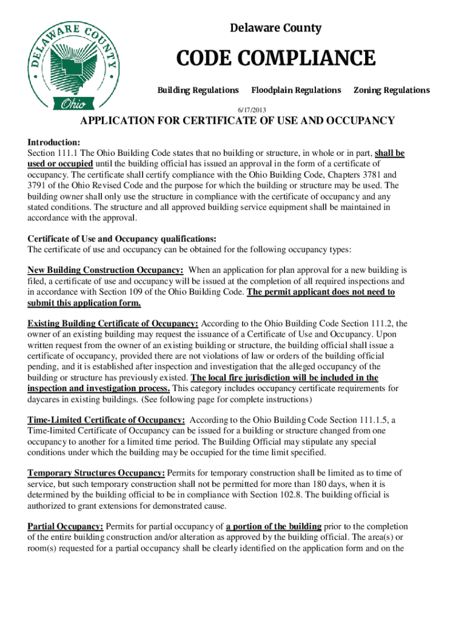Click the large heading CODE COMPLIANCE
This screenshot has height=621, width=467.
[x=275, y=59]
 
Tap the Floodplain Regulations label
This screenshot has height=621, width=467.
[x=296, y=90]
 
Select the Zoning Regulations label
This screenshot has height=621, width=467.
[x=391, y=90]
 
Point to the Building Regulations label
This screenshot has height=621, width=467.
[x=198, y=90]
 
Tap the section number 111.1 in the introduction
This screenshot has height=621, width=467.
[x=70, y=153]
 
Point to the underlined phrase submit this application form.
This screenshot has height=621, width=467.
[x=84, y=303]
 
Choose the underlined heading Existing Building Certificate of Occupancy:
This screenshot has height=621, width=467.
[x=113, y=323]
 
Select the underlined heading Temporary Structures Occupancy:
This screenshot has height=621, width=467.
[x=96, y=473]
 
